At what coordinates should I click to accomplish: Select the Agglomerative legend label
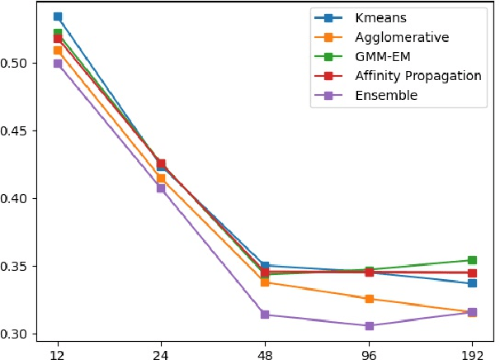(x=401, y=37)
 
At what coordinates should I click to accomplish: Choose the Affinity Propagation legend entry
(x=417, y=76)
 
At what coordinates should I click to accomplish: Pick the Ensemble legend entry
(x=385, y=96)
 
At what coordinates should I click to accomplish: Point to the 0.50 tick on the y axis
(x=17, y=64)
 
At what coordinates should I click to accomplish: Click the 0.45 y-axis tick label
(x=17, y=131)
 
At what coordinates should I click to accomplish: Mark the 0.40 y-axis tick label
(x=17, y=199)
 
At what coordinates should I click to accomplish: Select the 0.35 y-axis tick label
(x=17, y=267)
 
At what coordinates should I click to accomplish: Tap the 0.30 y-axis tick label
(x=17, y=334)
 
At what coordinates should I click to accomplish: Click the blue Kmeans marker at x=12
(x=58, y=17)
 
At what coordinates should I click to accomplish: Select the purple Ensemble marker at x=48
(x=265, y=315)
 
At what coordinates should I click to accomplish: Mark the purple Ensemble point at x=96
(x=369, y=326)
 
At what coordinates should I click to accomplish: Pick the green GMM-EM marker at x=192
(x=472, y=261)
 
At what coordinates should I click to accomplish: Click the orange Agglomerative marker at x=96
(x=369, y=299)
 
